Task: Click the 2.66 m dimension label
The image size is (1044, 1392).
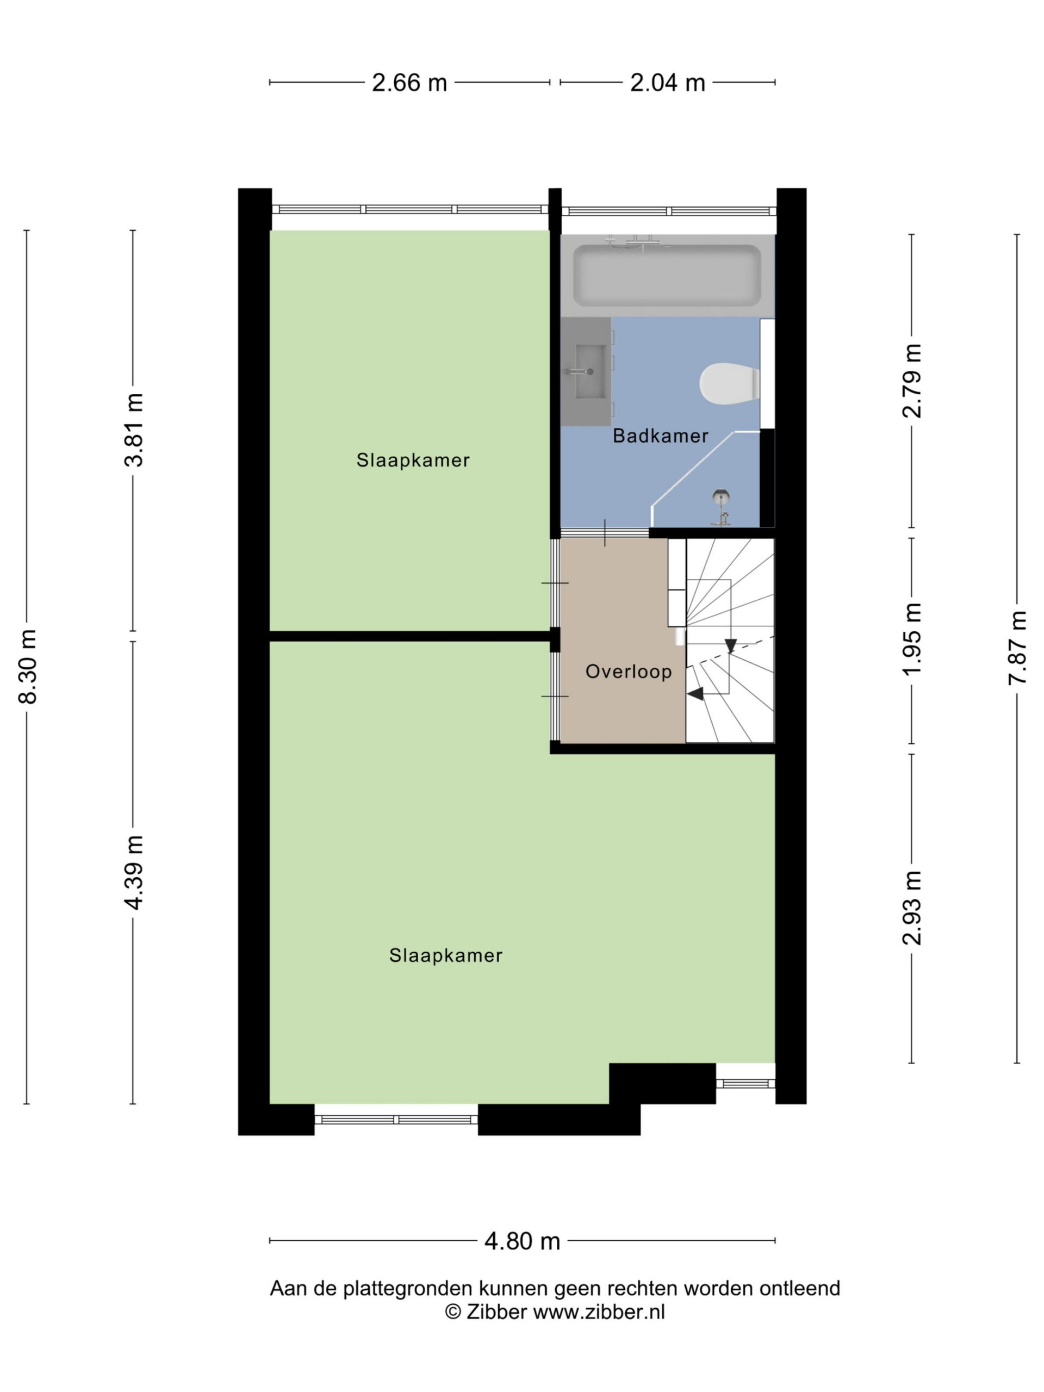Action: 409,83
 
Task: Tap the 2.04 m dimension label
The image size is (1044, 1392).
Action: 667,83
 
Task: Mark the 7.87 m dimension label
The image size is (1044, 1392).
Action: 1017,648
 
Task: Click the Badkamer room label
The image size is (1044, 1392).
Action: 660,436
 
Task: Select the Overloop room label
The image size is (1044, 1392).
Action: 628,672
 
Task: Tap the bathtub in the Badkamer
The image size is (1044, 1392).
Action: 667,276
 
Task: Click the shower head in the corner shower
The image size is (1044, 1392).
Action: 721,497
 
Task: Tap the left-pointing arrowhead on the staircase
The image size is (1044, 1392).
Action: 695,693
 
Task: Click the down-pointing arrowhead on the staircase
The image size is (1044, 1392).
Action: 730,645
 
